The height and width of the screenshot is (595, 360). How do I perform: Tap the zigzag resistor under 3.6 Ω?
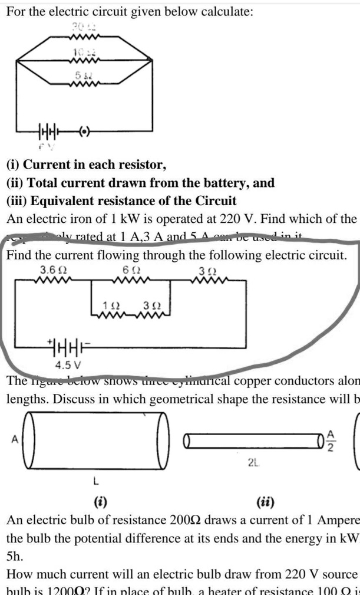pyautogui.click(x=52, y=280)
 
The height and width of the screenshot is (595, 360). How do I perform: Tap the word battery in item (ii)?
pyautogui.click(x=222, y=183)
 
